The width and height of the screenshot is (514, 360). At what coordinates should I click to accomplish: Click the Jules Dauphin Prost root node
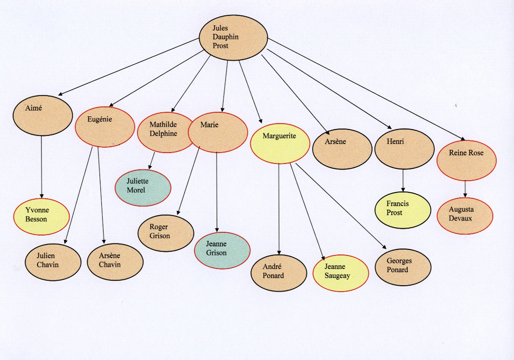[233, 37]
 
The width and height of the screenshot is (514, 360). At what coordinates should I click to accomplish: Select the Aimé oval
[43, 116]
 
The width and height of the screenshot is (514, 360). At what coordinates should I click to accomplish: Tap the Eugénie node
[105, 126]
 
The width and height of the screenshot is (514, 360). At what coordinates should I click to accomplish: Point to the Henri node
[404, 149]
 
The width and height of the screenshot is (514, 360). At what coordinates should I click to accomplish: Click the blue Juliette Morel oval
[143, 188]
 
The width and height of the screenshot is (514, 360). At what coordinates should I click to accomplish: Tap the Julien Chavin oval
[53, 262]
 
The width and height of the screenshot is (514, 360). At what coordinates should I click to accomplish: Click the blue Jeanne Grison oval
[222, 250]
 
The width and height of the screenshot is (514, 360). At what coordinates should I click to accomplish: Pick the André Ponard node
[279, 273]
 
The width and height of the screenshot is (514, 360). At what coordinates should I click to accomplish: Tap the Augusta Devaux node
[465, 216]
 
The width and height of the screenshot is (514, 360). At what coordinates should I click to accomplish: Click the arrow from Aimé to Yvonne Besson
[41, 167]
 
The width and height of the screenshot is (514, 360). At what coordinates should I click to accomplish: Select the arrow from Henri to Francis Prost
[404, 180]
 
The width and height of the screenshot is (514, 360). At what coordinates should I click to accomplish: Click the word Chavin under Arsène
[110, 265]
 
